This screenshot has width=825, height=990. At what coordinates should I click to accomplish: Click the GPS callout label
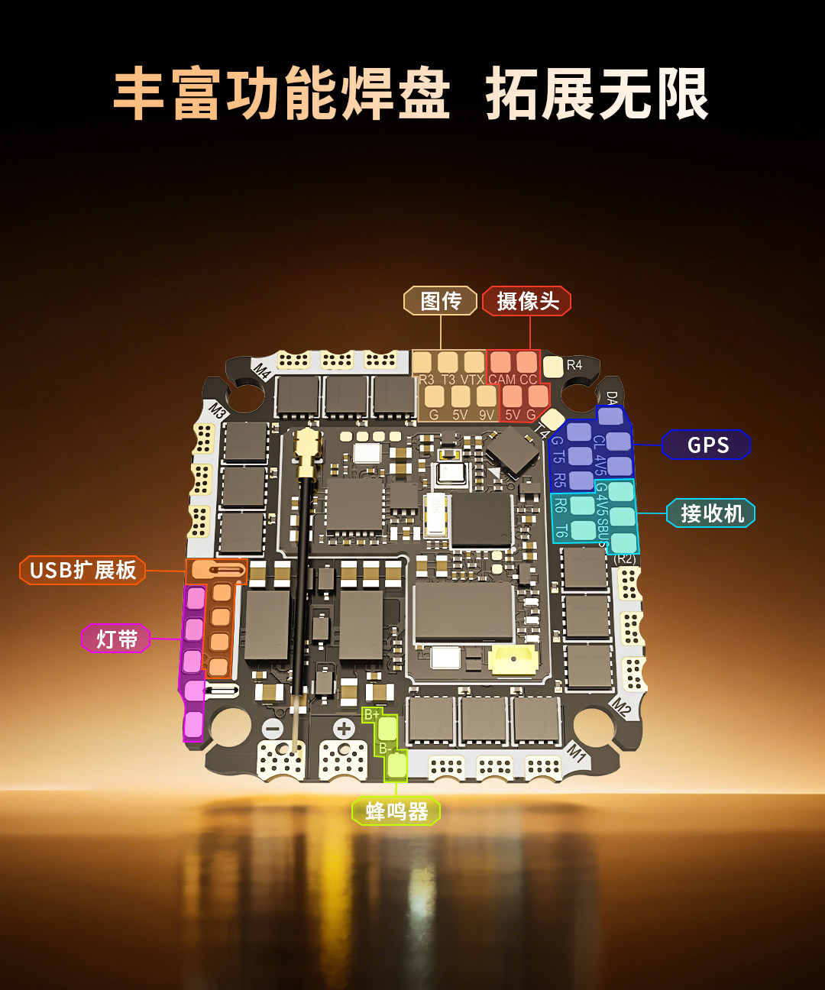click(x=707, y=445)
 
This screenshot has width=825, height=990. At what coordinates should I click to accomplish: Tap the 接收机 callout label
click(x=711, y=513)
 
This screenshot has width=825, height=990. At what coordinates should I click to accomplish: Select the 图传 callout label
click(x=440, y=301)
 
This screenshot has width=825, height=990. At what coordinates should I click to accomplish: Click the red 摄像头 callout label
click(x=527, y=301)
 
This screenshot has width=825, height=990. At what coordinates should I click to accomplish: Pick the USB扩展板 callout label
click(x=82, y=570)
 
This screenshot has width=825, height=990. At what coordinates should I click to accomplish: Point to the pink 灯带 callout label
click(x=116, y=639)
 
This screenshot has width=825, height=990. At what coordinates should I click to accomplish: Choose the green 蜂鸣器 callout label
click(x=396, y=811)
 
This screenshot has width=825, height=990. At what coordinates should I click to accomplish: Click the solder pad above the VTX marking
click(x=474, y=362)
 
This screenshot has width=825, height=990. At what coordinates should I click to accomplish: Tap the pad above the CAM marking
click(x=500, y=362)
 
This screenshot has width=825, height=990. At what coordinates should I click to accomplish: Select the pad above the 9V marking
click(x=486, y=396)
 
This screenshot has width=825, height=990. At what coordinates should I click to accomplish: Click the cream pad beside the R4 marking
click(x=552, y=367)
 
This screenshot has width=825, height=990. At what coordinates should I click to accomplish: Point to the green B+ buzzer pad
click(x=388, y=727)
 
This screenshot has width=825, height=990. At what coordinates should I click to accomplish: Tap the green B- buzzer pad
click(x=396, y=763)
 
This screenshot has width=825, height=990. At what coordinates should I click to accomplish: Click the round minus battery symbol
click(x=273, y=728)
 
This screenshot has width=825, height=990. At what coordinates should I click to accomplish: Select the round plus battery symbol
click(x=343, y=728)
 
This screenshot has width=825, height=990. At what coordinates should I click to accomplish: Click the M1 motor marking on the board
click(x=577, y=754)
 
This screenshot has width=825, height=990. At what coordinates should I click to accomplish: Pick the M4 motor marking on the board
click(x=262, y=371)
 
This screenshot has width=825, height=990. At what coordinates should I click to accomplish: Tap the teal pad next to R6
click(x=582, y=505)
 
